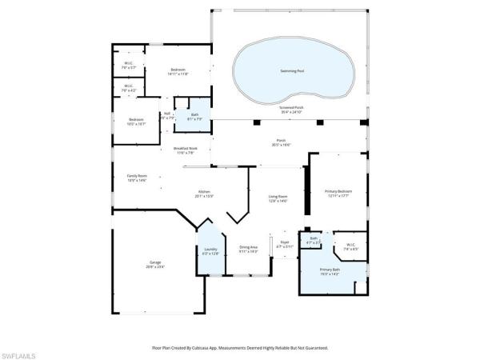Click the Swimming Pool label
(292, 71)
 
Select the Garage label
(154, 263)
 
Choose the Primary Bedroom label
(338, 191)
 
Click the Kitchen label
(206, 191)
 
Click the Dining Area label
(248, 247)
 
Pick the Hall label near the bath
(167, 114)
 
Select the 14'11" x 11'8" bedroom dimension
(178, 74)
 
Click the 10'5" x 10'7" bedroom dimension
(137, 124)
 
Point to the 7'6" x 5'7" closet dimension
(128, 68)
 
